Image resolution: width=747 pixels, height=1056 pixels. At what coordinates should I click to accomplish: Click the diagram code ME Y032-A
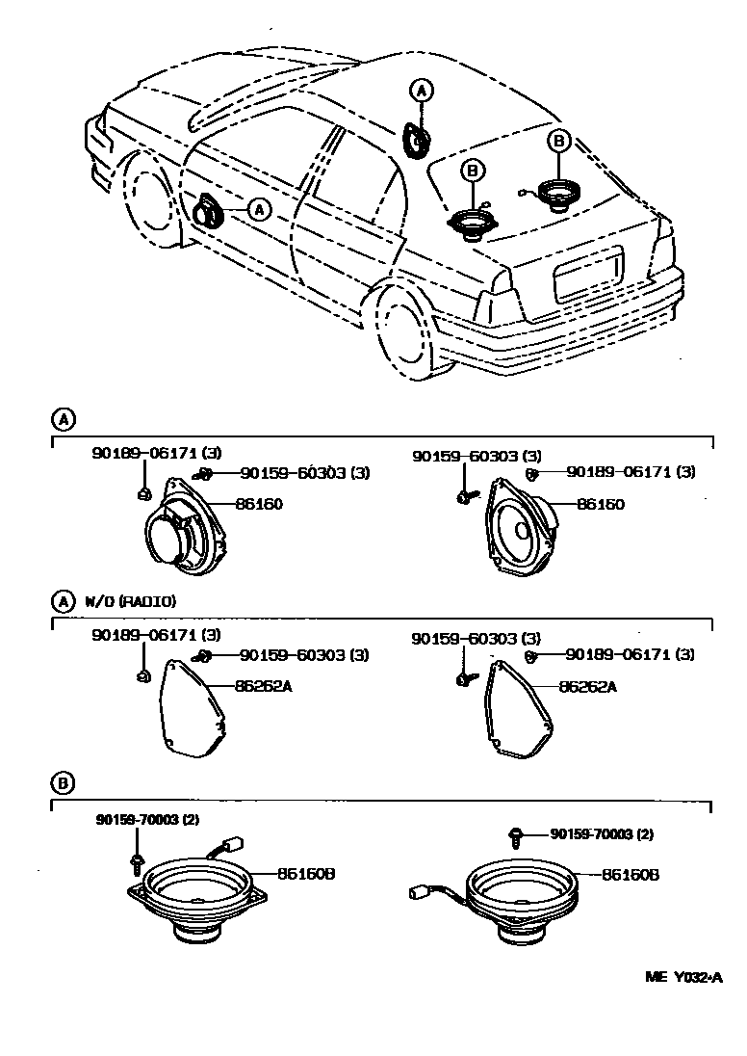[683, 977]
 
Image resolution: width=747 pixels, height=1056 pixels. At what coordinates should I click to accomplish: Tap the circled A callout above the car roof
[421, 91]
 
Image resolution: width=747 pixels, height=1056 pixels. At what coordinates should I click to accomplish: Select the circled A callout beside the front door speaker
[259, 208]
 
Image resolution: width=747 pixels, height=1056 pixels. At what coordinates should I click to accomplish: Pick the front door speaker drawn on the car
[209, 210]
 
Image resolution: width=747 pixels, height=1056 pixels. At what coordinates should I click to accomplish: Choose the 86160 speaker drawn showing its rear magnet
[179, 537]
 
